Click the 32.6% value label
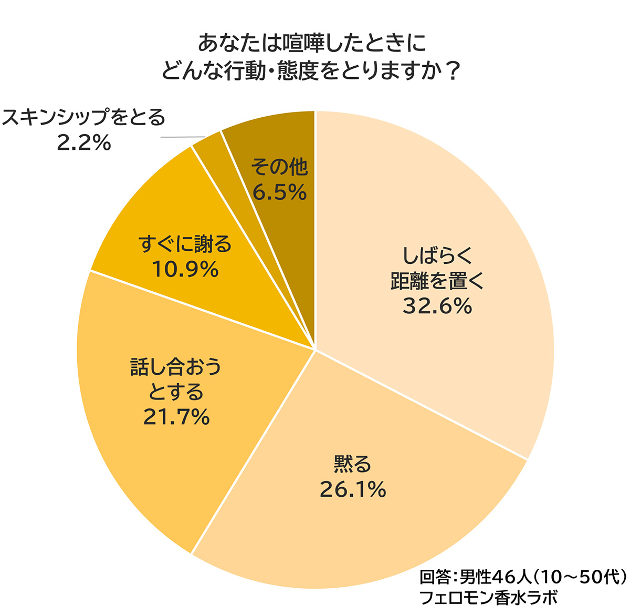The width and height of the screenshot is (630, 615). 437,306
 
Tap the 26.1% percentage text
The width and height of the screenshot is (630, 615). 353,490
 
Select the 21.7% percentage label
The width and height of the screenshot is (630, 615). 176,417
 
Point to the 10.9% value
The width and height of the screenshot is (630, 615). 185,270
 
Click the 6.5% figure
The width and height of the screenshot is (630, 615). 279,192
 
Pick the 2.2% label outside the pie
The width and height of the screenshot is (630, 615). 84,142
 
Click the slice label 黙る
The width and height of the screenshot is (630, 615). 353,464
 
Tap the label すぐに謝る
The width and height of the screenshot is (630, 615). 185,244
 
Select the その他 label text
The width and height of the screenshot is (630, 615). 279,167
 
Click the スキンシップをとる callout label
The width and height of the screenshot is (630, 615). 84,117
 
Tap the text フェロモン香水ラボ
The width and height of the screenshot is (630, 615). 488,598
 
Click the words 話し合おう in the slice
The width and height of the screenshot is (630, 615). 176,366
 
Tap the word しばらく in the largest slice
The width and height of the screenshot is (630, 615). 438,256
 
